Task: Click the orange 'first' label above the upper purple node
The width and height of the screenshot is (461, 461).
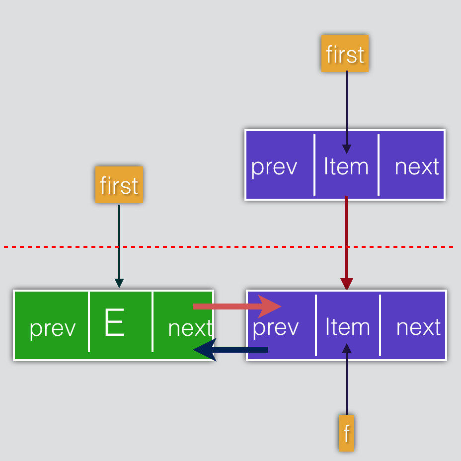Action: (x=345, y=54)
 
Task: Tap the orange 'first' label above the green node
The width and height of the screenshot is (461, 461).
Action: (x=119, y=185)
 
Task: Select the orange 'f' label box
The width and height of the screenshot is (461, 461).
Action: (x=346, y=433)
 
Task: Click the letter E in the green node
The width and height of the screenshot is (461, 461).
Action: (x=114, y=322)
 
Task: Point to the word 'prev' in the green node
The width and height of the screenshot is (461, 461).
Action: (x=53, y=329)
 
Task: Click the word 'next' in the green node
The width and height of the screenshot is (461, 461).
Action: (x=190, y=328)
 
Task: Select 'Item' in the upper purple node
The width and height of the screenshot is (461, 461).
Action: (x=346, y=166)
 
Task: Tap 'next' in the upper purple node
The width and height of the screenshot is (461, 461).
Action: (x=417, y=167)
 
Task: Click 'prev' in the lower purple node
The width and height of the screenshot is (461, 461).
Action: (x=276, y=328)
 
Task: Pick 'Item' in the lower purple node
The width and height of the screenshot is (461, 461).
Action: (x=348, y=326)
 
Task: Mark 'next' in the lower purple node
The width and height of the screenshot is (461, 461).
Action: (x=418, y=327)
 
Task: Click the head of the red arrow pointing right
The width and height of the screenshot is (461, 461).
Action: (x=270, y=307)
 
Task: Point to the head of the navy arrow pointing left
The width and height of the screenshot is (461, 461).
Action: (x=205, y=350)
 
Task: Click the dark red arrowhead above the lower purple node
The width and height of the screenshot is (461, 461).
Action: (x=347, y=284)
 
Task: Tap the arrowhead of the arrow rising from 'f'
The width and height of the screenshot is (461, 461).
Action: (x=347, y=348)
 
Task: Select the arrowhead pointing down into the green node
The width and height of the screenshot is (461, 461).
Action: (x=119, y=283)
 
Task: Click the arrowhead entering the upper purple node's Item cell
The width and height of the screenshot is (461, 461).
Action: (x=347, y=149)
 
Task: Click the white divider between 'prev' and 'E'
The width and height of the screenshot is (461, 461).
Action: (x=89, y=321)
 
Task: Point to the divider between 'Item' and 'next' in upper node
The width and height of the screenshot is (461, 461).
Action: (x=379, y=164)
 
